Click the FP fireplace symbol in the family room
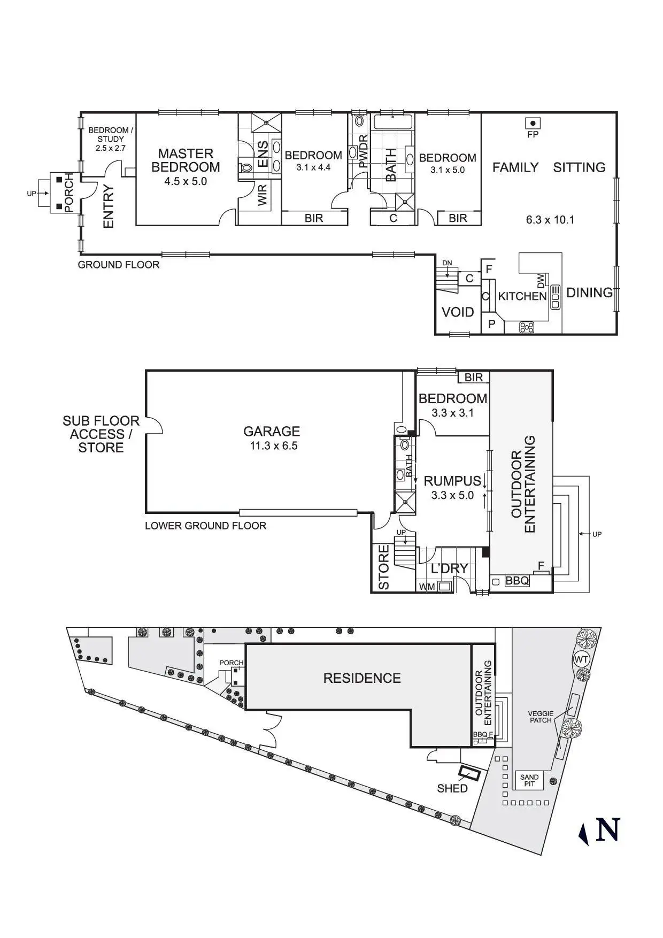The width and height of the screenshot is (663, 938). [x=533, y=123]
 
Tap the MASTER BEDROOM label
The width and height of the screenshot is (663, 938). [x=186, y=160]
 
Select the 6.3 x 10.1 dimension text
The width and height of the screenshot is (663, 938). [x=550, y=219]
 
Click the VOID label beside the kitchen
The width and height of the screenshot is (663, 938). [x=458, y=312]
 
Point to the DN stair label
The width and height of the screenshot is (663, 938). [x=447, y=263]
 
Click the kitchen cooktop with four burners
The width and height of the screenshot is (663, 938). [x=527, y=327]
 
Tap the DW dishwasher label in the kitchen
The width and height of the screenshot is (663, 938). [x=541, y=280]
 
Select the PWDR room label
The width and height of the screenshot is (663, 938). [x=363, y=151]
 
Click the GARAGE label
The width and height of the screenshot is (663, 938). [x=272, y=431]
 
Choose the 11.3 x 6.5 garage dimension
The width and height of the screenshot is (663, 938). [x=274, y=445]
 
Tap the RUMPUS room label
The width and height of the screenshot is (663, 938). [x=452, y=481]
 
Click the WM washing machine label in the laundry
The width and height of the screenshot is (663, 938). [x=427, y=587]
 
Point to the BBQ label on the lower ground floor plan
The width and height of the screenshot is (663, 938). [x=517, y=580]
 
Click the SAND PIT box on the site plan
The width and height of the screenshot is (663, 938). [x=529, y=781]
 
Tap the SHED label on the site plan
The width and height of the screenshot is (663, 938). [x=452, y=788]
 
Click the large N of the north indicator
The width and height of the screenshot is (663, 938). [x=607, y=829]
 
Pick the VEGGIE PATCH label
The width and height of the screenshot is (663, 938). [x=541, y=717]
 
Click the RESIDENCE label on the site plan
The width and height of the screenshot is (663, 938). [x=362, y=678]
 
